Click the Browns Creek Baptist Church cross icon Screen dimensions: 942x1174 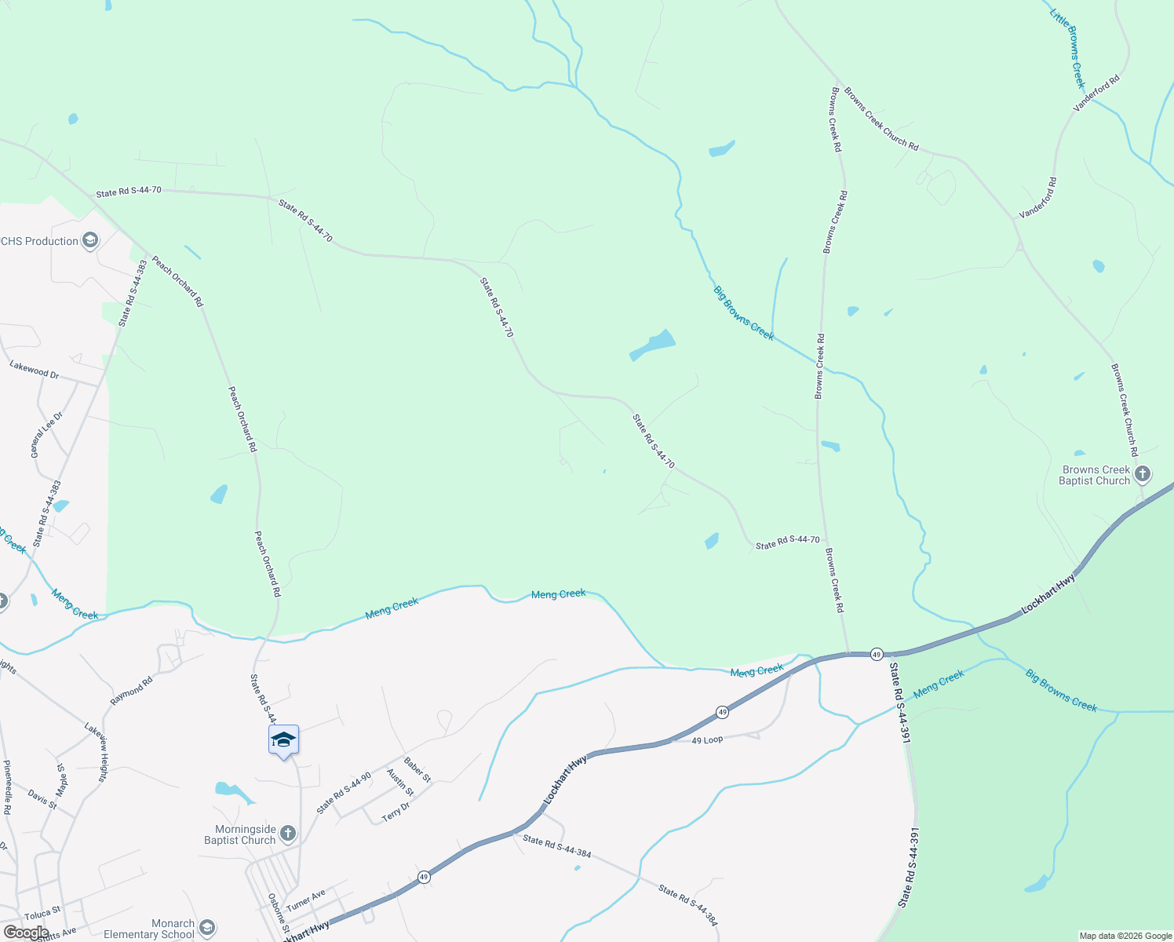[1143, 473]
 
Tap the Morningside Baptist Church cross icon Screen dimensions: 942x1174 [288, 833]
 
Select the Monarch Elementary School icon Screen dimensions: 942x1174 [207, 929]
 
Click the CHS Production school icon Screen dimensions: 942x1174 [90, 240]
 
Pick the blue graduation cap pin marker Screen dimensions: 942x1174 [283, 740]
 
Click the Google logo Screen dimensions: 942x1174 [26, 933]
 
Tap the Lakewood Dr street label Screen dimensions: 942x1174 [35, 369]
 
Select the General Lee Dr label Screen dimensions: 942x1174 [46, 435]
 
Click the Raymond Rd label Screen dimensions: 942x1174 [131, 691]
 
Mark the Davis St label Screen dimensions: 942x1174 [42, 799]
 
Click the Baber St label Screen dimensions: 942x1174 [417, 769]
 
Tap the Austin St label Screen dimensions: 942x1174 [400, 783]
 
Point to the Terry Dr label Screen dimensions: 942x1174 [396, 812]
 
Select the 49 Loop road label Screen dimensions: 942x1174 [707, 740]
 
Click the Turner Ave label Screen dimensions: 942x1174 [305, 900]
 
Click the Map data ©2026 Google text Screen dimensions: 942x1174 [1125, 936]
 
